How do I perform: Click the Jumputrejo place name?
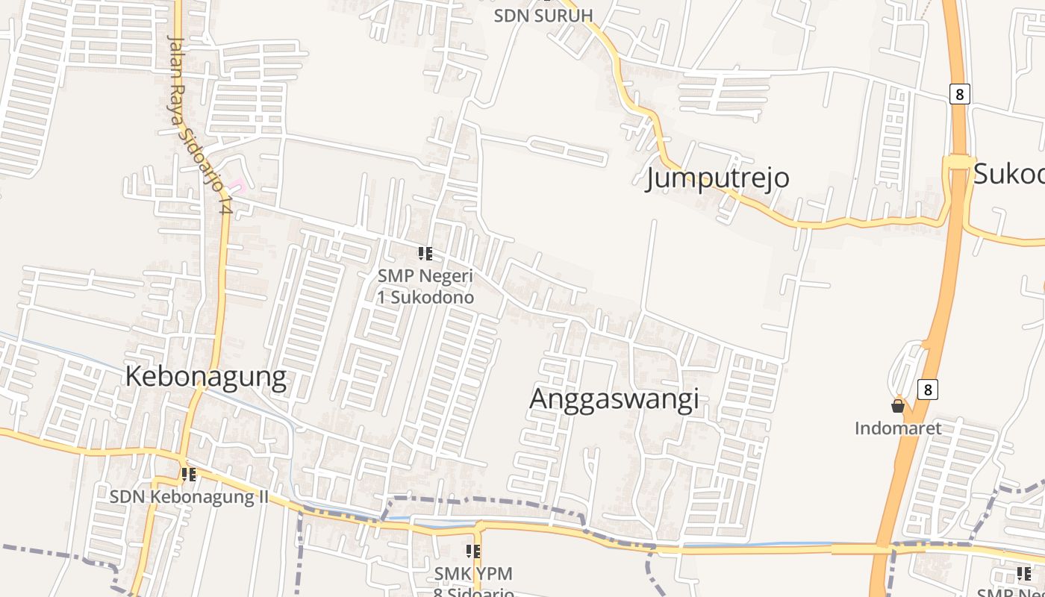(717, 178)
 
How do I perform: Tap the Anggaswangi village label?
(614, 398)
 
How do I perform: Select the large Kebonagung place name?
(205, 377)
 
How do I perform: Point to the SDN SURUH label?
(543, 16)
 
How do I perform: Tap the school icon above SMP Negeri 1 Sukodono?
(425, 254)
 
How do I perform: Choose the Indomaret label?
(898, 428)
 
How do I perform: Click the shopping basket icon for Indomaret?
(898, 406)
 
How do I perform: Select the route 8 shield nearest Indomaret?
(928, 390)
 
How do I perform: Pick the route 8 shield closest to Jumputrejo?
(959, 94)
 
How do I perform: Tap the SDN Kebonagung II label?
(189, 496)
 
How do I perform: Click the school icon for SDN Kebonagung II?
(189, 474)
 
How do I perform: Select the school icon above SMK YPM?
(473, 551)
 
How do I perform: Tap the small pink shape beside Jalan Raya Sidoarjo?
(237, 184)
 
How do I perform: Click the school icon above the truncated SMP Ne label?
(1024, 574)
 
